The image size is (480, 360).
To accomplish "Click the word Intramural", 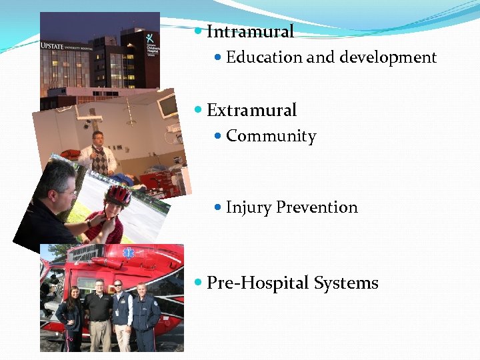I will [x=250, y=31].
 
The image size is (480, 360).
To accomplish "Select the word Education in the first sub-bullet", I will [x=264, y=57].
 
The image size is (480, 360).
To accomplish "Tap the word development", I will [x=388, y=57].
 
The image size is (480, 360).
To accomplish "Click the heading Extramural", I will [x=251, y=110].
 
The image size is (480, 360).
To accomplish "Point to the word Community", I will [x=271, y=136].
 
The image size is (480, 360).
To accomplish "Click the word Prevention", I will [x=317, y=207].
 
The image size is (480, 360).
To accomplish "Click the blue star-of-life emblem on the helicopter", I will [x=127, y=253].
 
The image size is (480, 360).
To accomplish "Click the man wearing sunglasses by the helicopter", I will [x=121, y=313].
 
